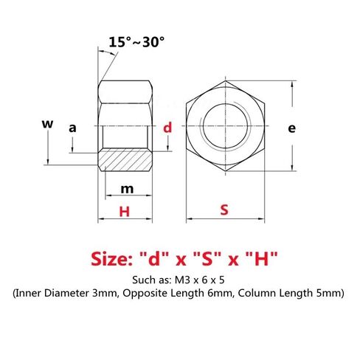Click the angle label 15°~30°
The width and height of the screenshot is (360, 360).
pyautogui.click(x=136, y=41)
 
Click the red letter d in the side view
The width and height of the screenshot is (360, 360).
pyautogui.click(x=167, y=128)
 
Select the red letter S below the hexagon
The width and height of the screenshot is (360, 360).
pyautogui.click(x=224, y=210)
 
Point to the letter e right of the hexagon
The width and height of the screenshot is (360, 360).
pyautogui.click(x=291, y=128)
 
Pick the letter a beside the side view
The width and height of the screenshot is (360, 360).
pyautogui.click(x=72, y=128)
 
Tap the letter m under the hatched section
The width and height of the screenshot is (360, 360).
pyautogui.click(x=126, y=189)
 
